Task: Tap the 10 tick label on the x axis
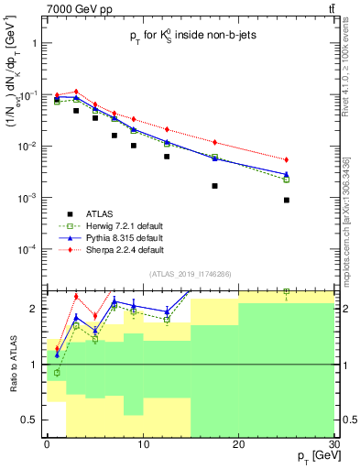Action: click(x=142, y=443)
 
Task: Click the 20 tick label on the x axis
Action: click(x=238, y=443)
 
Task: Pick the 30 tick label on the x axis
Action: click(x=333, y=443)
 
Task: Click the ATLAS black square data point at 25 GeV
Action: click(x=287, y=200)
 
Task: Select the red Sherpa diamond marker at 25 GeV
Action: click(x=287, y=160)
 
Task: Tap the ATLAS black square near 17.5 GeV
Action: click(x=214, y=185)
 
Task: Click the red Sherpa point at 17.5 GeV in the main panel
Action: click(x=214, y=142)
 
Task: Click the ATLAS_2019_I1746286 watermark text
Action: click(x=190, y=275)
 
